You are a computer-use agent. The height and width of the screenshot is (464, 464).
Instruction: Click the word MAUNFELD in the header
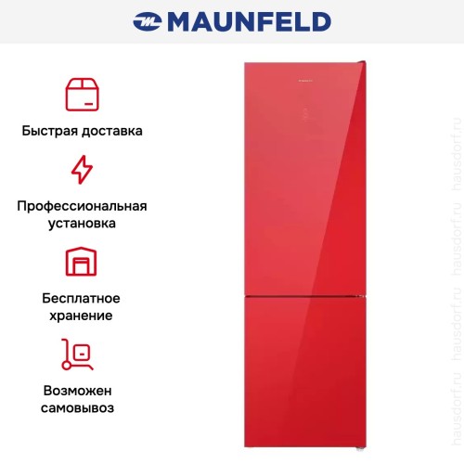[x=247, y=20]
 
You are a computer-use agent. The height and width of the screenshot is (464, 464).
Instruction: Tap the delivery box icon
[x=83, y=94]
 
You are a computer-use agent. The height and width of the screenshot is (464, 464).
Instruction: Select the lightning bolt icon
[x=83, y=170]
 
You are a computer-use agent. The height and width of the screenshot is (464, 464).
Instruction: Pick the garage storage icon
[x=83, y=263]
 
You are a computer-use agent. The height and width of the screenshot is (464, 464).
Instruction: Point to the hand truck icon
[x=83, y=354]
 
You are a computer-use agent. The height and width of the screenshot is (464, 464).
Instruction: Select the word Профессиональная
[x=83, y=206]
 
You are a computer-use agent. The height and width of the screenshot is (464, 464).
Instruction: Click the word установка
[x=83, y=224]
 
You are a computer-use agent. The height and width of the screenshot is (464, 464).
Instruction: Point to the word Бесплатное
[x=83, y=298]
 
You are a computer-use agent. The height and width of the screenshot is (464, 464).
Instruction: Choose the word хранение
[x=83, y=316]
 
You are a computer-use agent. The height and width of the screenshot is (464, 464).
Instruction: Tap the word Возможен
[x=83, y=390]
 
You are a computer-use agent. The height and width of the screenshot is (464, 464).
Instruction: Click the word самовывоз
[x=83, y=407]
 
